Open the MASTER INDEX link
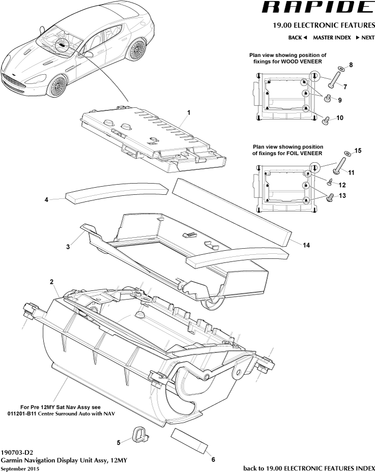[x=332, y=38]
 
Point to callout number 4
[x=46, y=200]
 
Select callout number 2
[x=52, y=281]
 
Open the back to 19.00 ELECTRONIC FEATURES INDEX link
[x=309, y=467]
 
